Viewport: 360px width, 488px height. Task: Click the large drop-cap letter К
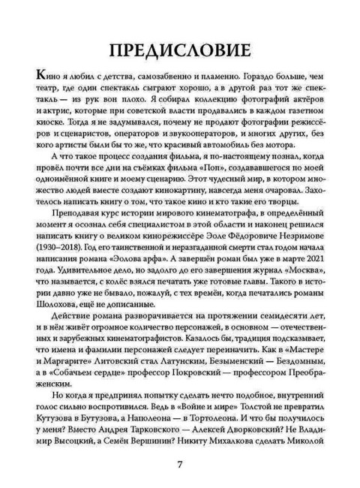click(33, 78)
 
